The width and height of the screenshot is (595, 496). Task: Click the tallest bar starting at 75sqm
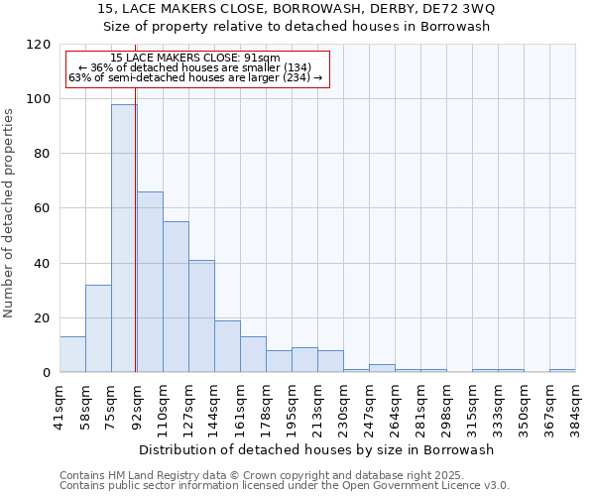click(x=124, y=238)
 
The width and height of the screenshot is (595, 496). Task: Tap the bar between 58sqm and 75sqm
click(x=98, y=328)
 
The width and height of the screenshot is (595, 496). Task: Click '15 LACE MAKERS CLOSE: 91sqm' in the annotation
click(x=195, y=59)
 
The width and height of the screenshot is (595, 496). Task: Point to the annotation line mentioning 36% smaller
click(x=195, y=67)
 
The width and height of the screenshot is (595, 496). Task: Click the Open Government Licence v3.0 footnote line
click(x=285, y=486)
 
